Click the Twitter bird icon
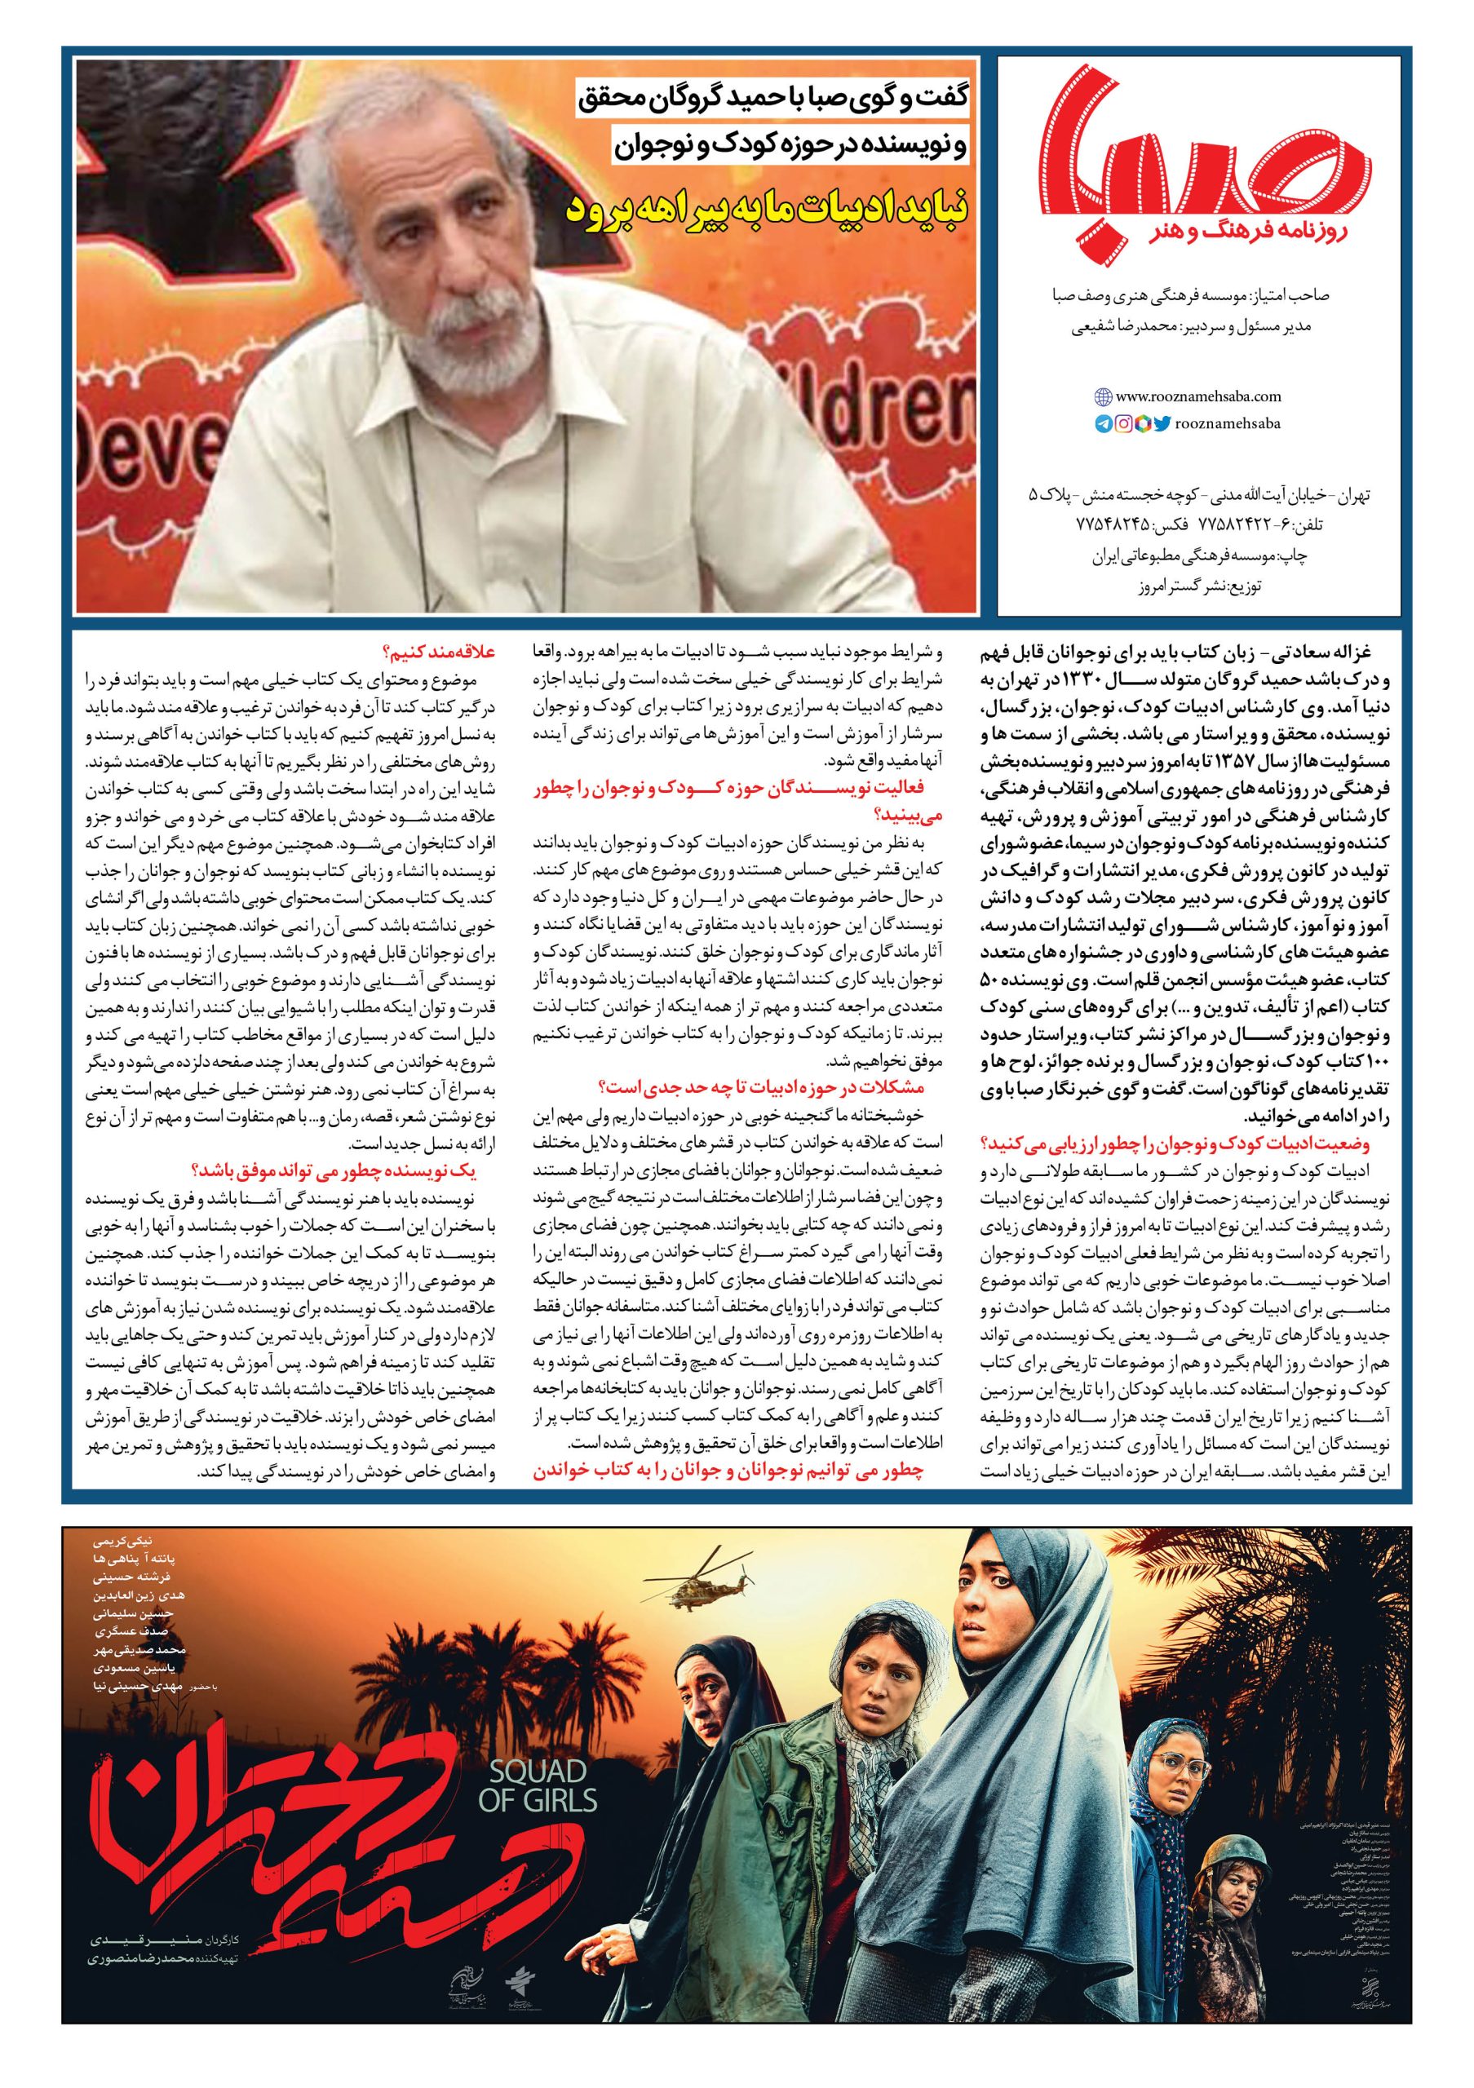click(x=1162, y=422)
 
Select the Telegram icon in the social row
click(x=1103, y=424)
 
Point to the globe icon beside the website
click(x=1103, y=396)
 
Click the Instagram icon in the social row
click(x=1123, y=424)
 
